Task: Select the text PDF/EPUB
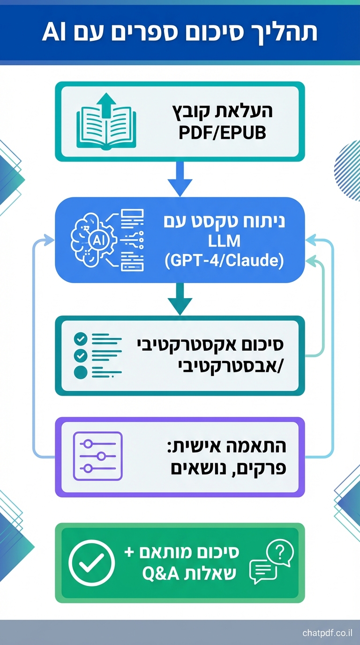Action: coord(222,133)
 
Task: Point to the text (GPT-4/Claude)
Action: coord(225,261)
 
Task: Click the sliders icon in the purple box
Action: coord(98,456)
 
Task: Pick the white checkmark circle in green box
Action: coord(91,563)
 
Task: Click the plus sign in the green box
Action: coord(129,552)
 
